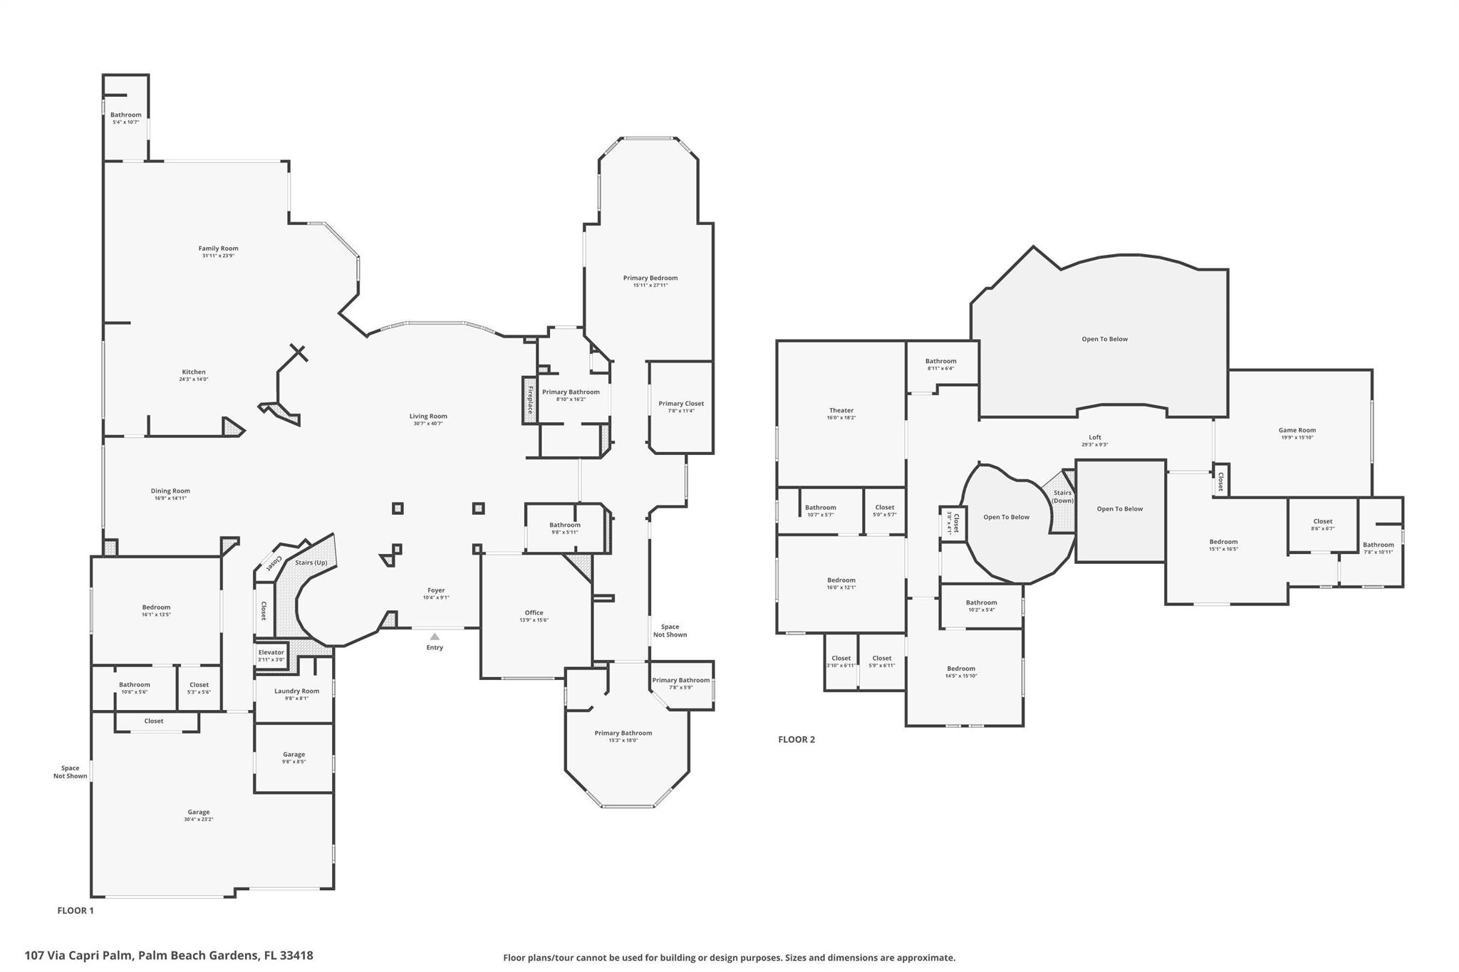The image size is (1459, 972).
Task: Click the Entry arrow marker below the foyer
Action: tap(435, 637)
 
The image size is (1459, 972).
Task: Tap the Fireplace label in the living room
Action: tap(529, 399)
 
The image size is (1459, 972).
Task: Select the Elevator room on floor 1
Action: tap(271, 655)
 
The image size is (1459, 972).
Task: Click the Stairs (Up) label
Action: tap(311, 563)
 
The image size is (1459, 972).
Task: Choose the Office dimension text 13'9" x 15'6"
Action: tap(534, 620)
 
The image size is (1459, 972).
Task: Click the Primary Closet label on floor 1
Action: tap(681, 403)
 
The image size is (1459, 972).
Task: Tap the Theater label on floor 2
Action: tap(841, 410)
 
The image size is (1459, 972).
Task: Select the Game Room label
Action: tap(1297, 430)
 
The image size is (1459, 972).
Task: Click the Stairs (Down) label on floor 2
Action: tap(1062, 496)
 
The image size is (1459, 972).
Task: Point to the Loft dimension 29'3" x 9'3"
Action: tap(1094, 445)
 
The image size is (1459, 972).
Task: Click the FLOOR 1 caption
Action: tap(76, 910)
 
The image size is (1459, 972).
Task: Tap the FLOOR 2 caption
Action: tap(796, 739)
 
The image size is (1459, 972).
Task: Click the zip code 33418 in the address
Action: tap(297, 956)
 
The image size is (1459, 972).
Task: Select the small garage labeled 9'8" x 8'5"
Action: tap(294, 758)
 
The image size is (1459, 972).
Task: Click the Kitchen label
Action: tap(194, 372)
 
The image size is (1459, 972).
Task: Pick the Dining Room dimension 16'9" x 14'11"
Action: tap(170, 498)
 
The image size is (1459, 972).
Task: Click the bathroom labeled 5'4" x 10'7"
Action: tap(125, 118)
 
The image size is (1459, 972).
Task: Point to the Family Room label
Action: tap(218, 249)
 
